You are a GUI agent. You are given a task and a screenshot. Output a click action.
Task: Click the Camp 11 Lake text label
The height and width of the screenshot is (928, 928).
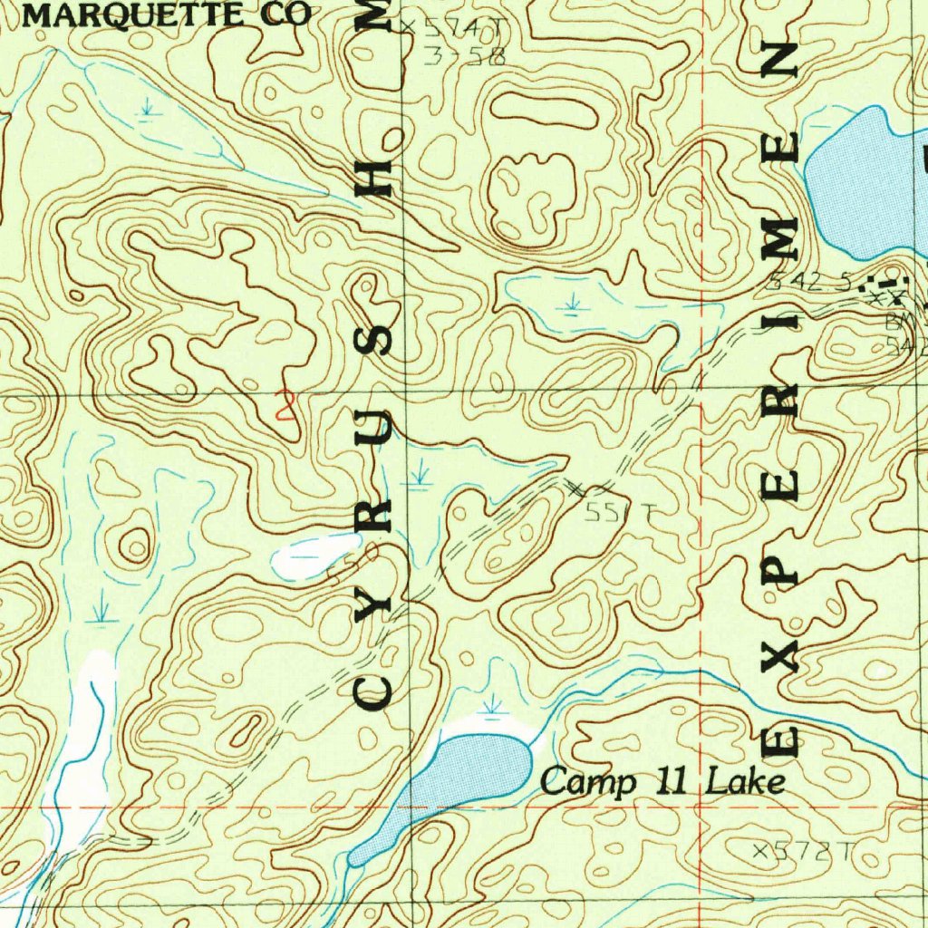[x=662, y=781]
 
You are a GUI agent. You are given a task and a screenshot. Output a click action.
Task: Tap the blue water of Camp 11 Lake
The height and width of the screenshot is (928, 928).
[x=471, y=770]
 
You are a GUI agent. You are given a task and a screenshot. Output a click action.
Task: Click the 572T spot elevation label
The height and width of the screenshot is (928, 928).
[x=805, y=850]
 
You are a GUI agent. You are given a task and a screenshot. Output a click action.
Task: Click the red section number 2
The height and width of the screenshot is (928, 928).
[x=286, y=404]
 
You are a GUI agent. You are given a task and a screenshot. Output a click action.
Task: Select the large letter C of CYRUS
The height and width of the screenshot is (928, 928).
[x=372, y=693]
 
